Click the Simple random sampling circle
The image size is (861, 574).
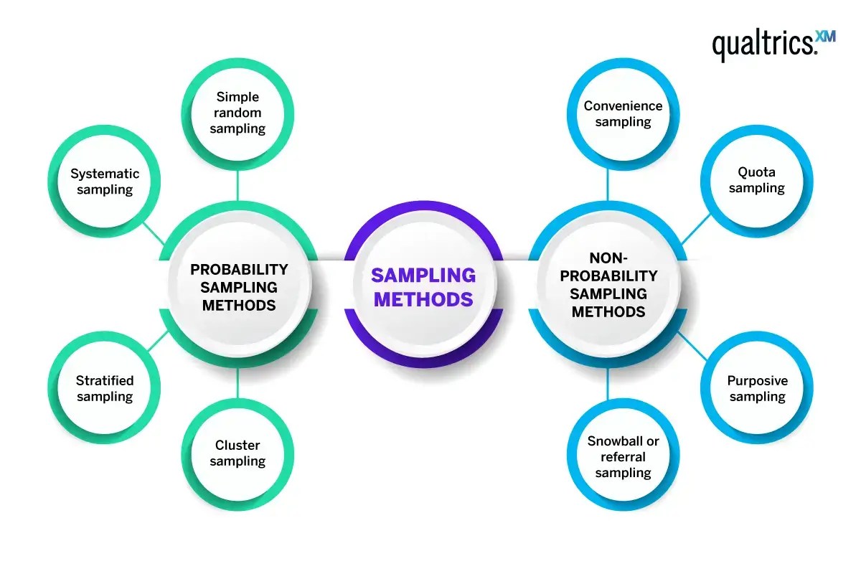(237, 113)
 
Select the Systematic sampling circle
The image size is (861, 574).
(105, 182)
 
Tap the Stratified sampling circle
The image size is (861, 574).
(105, 388)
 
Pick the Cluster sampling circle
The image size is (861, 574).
(237, 453)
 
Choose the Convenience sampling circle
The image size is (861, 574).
(623, 113)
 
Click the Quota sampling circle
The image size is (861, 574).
(757, 180)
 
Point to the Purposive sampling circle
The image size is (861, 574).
(757, 388)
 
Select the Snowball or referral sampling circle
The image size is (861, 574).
(623, 456)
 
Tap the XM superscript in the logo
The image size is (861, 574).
(826, 37)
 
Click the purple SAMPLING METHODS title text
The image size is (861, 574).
(423, 287)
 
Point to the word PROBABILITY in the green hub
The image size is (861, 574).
(239, 270)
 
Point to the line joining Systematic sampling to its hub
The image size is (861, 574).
(153, 231)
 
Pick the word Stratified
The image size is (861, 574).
(105, 380)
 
